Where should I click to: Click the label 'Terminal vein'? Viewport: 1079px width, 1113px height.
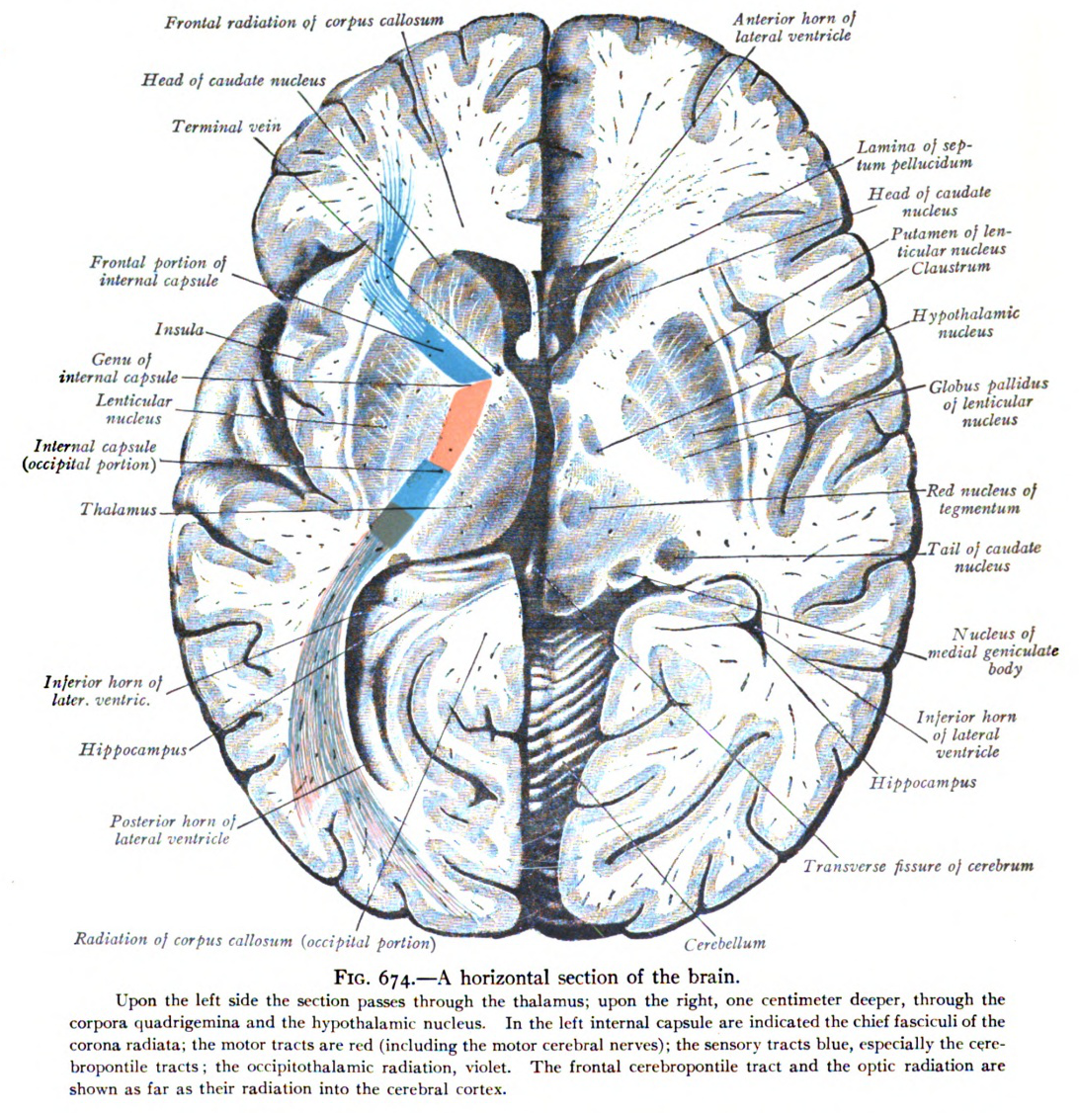pyautogui.click(x=226, y=128)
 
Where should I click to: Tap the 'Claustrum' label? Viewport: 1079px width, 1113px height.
pyautogui.click(x=951, y=268)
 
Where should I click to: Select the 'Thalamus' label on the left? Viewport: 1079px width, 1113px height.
pyautogui.click(x=118, y=510)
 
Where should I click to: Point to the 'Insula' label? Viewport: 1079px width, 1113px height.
pyautogui.click(x=180, y=329)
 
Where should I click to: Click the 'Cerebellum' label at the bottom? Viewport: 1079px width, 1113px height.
pyautogui.click(x=725, y=943)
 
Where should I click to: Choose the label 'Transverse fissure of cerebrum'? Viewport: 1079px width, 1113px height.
pyautogui.click(x=918, y=866)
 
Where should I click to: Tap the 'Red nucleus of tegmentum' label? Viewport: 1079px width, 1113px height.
pyautogui.click(x=980, y=500)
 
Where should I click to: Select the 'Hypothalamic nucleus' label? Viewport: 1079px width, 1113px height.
pyautogui.click(x=965, y=323)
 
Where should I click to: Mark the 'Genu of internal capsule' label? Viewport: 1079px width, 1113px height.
pyautogui.click(x=120, y=369)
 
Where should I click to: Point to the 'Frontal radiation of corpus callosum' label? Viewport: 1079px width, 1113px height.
pyautogui.click(x=304, y=22)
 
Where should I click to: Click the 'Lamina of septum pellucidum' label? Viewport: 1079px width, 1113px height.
pyautogui.click(x=914, y=155)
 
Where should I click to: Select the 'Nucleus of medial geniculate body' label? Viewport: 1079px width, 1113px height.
pyautogui.click(x=993, y=651)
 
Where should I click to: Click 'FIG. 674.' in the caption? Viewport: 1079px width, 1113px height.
pyautogui.click(x=375, y=979)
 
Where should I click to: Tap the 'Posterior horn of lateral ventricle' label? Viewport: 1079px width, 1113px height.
pyautogui.click(x=172, y=829)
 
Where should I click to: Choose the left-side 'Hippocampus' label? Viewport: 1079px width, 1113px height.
pyautogui.click(x=133, y=749)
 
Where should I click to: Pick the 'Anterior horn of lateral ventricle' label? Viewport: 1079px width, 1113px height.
pyautogui.click(x=793, y=27)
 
